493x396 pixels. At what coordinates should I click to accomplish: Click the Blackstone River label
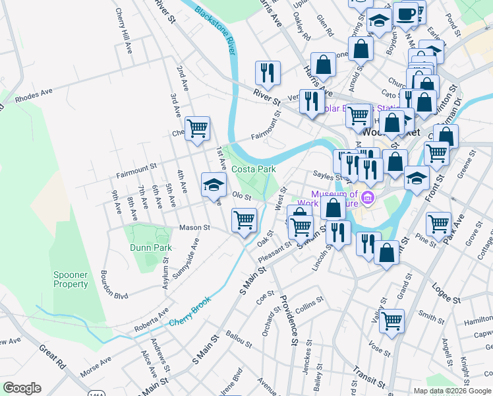point(216,30)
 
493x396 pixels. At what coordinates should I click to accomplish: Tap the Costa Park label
point(253,169)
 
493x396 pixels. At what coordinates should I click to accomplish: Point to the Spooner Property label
point(71,279)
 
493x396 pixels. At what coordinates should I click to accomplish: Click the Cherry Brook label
point(190,313)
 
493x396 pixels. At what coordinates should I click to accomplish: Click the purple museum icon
point(368,197)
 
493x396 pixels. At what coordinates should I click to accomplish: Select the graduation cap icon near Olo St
point(213,185)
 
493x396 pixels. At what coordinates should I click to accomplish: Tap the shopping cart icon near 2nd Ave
point(197,128)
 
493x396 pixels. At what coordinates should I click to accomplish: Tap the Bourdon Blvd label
point(114,284)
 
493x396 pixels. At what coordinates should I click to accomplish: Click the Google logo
point(22,388)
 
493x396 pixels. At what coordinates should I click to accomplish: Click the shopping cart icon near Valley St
point(391,321)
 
